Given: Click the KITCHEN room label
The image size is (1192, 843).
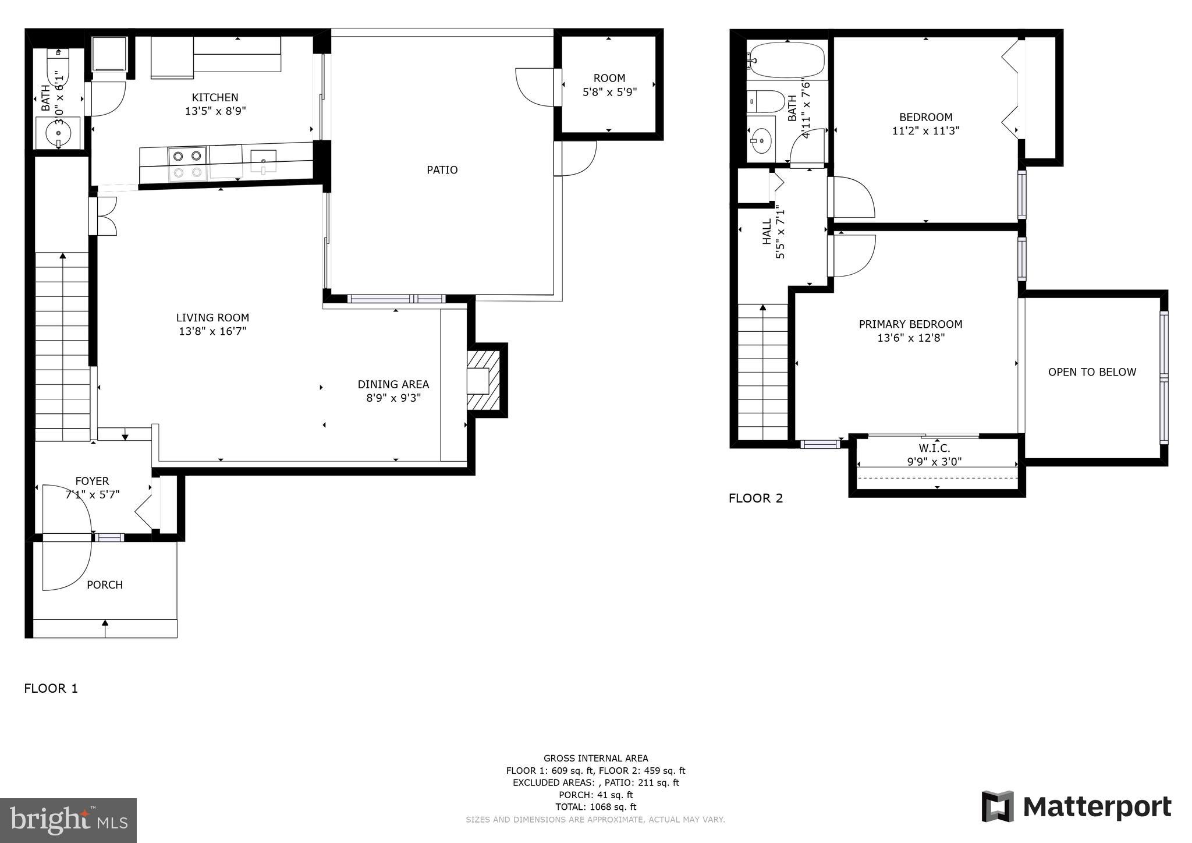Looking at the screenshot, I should click(x=215, y=97).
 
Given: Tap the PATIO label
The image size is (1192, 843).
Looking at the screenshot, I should click(x=442, y=170).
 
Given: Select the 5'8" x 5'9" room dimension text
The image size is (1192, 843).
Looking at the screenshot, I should click(x=609, y=92).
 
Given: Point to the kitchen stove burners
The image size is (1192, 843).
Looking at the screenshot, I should click(x=187, y=164).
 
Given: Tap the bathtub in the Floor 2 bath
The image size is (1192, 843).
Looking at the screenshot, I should click(x=787, y=60).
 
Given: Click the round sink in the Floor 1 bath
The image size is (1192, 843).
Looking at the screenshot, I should click(x=58, y=134).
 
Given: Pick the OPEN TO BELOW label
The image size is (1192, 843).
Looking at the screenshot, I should click(x=1092, y=372).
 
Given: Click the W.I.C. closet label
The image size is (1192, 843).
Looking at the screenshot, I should click(x=934, y=448).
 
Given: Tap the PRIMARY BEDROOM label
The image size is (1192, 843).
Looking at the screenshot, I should click(x=910, y=324).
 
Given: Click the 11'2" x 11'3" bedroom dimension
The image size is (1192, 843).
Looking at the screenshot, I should click(x=925, y=131).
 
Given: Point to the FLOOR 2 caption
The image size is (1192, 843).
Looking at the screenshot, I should click(x=755, y=498).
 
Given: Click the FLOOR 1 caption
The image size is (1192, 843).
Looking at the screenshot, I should click(x=51, y=689).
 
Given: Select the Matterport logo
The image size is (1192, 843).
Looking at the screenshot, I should click(x=1076, y=807).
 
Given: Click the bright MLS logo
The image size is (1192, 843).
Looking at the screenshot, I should click(x=68, y=820).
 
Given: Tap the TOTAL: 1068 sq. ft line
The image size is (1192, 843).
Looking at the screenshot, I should click(x=595, y=807).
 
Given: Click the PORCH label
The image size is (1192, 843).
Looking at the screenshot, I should click(x=105, y=585).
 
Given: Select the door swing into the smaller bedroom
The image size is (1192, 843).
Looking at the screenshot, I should click(x=853, y=198).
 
